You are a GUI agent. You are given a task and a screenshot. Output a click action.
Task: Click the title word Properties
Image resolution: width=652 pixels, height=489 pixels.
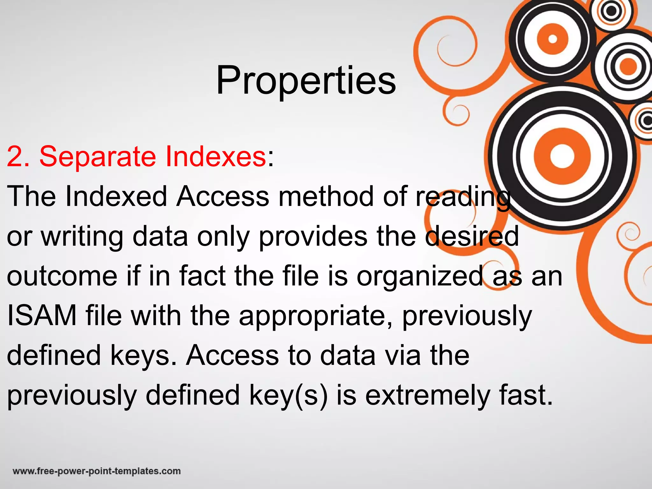tap(306, 80)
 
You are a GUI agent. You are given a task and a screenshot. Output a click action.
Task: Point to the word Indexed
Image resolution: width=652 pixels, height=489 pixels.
tap(116, 196)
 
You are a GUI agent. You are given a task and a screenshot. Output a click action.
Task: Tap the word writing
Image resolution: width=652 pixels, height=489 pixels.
tap(82, 237)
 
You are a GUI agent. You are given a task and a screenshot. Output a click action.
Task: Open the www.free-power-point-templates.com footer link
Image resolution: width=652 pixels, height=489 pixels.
tap(97, 471)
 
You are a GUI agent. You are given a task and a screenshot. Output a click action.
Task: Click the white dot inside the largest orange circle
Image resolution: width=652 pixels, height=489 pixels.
tap(562, 156)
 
